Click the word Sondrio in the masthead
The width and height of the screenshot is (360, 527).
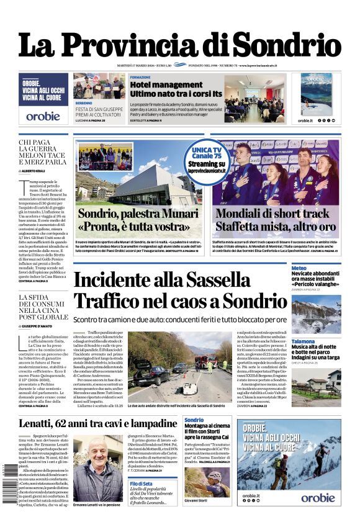coord(289,45)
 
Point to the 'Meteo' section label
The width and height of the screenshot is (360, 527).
coord(299,268)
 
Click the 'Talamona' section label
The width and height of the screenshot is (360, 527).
coord(303,341)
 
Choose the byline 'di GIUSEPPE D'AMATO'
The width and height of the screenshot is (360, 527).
coord(38,326)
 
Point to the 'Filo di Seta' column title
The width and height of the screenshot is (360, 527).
coord(142,484)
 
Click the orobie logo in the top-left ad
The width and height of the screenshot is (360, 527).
coord(43,115)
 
